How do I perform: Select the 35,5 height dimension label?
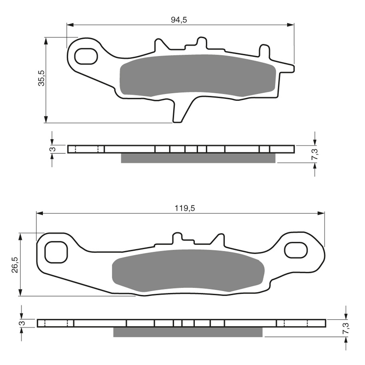(42, 78)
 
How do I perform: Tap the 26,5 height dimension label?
(15, 265)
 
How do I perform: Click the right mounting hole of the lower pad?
(296, 250)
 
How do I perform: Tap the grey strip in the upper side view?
(198, 158)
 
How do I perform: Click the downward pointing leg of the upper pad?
(179, 112)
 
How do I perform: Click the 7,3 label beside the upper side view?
(314, 154)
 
